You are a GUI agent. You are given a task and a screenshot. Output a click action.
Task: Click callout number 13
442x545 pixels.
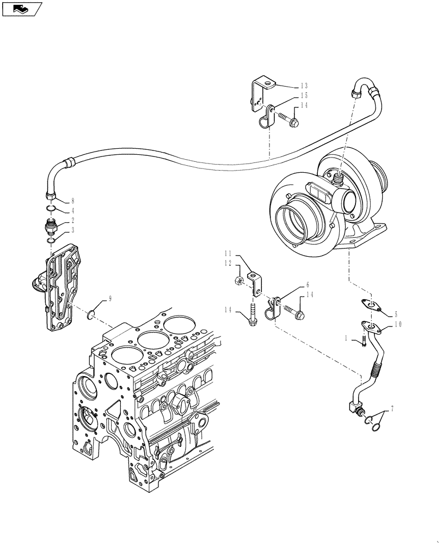[304, 86]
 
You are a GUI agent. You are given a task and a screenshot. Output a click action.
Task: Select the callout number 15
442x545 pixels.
[304, 95]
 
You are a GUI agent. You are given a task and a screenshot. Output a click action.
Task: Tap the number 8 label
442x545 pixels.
[72, 201]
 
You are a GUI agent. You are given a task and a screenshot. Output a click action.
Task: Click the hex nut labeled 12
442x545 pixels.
[238, 281]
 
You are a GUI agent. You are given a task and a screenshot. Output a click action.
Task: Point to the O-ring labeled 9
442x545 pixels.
[92, 313]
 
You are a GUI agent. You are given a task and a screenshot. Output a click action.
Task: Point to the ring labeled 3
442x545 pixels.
[50, 240]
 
